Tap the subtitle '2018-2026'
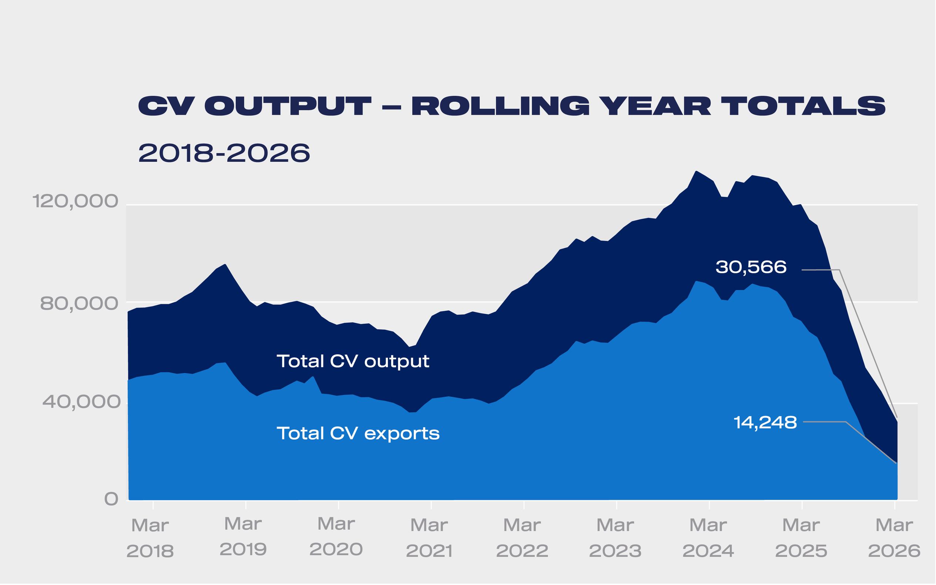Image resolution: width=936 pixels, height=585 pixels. [224, 153]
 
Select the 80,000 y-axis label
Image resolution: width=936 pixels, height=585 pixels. [79, 304]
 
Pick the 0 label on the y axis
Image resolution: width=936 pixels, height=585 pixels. [111, 499]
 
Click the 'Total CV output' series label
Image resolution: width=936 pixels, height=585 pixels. [353, 362]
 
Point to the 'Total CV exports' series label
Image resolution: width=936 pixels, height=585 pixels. [358, 433]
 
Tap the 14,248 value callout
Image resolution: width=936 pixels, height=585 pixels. [765, 423]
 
